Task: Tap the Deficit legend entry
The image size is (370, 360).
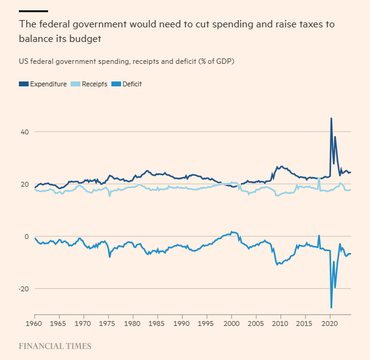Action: point(131,84)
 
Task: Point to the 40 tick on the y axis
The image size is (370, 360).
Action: point(24,132)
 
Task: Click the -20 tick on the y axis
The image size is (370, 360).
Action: point(23,289)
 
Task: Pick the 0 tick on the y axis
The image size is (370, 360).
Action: point(26,237)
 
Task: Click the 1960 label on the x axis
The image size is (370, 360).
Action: point(34,325)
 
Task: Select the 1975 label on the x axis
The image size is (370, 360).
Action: point(108,325)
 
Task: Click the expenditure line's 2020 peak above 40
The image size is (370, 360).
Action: point(331,119)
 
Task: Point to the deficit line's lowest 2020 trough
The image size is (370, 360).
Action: point(331,308)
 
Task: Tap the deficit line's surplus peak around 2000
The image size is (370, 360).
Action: point(232,232)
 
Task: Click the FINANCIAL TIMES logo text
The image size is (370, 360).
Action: point(55,346)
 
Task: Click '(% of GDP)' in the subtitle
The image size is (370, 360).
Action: point(214,61)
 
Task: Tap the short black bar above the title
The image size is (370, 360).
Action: point(33,11)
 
